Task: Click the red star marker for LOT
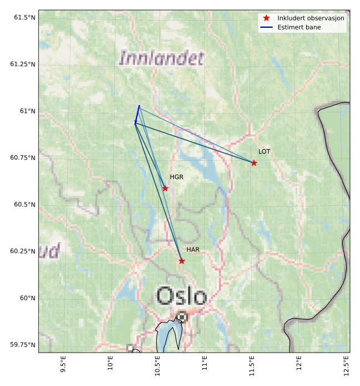point(254,163)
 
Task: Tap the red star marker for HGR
point(165,189)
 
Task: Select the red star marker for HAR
point(182,261)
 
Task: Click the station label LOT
point(264,151)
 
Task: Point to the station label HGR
point(177,177)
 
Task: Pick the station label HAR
point(193,250)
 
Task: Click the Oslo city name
point(181,295)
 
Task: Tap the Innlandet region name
point(162,58)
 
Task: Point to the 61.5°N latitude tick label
point(24,18)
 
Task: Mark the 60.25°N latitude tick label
point(23,251)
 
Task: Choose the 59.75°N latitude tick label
point(23,345)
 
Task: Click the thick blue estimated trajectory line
point(137,113)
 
